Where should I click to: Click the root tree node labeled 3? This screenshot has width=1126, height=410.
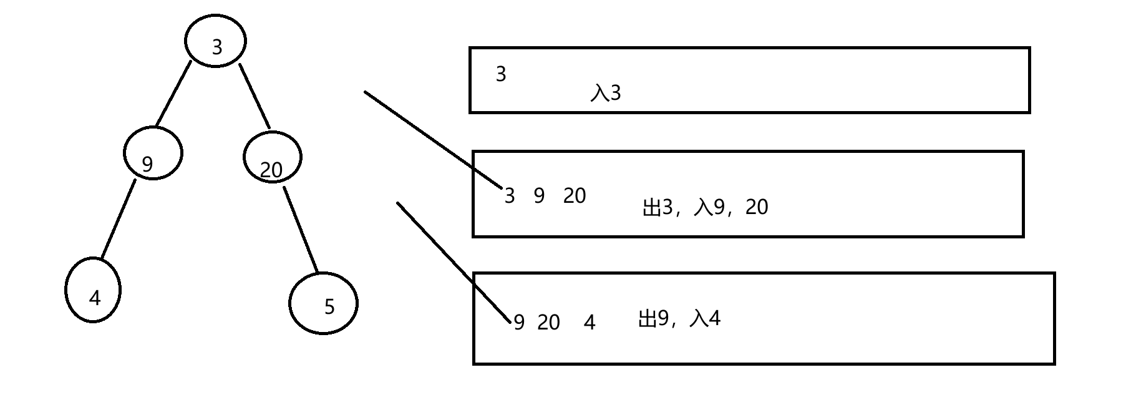(x=216, y=41)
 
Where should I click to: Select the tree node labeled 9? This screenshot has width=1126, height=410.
(x=153, y=154)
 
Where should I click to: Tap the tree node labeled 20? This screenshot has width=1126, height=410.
(x=272, y=157)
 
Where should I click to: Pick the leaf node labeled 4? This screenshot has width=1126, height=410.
(x=93, y=290)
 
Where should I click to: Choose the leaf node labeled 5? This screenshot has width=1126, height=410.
(x=323, y=303)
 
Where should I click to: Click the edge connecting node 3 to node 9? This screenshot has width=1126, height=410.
(x=173, y=94)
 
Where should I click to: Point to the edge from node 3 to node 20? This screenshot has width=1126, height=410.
(x=255, y=96)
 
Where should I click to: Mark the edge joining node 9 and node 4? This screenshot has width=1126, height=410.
(x=119, y=219)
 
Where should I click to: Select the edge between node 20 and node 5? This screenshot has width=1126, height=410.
(x=301, y=230)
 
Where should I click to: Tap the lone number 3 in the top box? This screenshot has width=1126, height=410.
(x=501, y=74)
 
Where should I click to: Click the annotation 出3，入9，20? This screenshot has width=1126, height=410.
(x=705, y=207)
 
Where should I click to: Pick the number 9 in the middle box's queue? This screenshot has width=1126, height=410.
(x=540, y=196)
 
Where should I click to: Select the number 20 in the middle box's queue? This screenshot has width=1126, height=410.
(x=575, y=196)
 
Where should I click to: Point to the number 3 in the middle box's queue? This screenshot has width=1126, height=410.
(x=510, y=196)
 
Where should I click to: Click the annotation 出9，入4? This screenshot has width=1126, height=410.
(x=679, y=319)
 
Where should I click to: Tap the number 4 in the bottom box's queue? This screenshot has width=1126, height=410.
(x=590, y=323)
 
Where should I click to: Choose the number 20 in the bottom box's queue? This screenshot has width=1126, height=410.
(x=548, y=323)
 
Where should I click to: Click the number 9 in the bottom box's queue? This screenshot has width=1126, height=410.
(x=519, y=323)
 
